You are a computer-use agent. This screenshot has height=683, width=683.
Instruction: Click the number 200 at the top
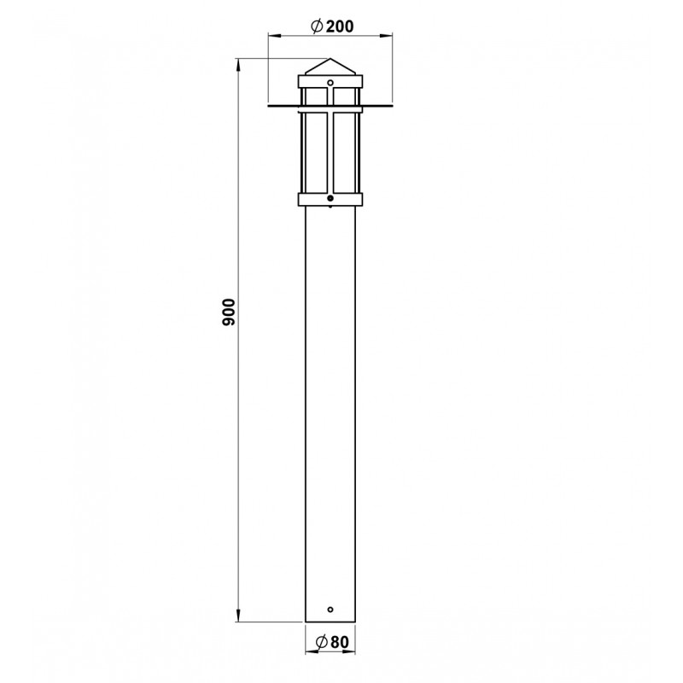340,26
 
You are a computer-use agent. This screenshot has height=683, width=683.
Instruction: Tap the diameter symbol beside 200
317,26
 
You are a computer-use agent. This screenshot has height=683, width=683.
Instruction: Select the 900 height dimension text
228,312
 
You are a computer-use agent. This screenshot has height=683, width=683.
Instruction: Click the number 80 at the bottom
340,642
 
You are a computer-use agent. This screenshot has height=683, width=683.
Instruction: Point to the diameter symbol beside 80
322,642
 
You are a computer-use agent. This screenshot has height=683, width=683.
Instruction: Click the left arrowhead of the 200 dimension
273,36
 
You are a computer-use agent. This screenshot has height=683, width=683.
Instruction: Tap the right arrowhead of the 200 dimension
387,36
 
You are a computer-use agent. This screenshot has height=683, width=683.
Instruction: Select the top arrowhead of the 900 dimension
238,65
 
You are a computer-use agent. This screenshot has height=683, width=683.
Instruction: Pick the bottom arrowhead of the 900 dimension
238,616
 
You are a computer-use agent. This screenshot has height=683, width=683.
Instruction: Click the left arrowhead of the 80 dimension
311,652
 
